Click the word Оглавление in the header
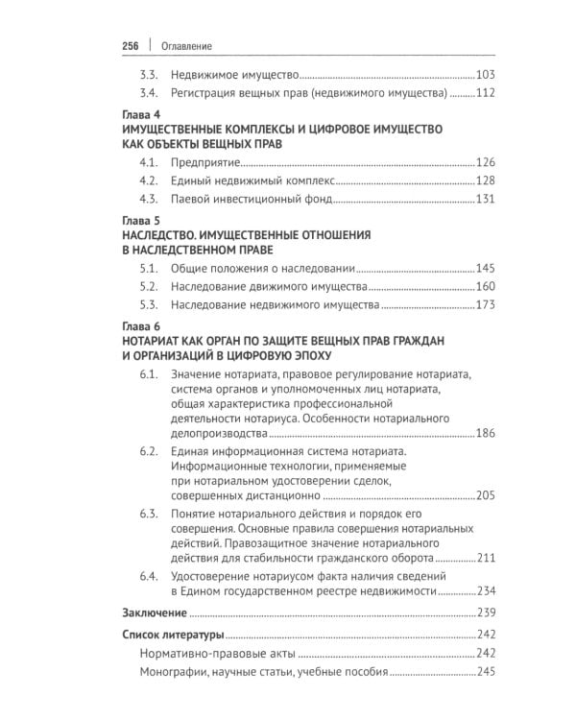[x=185, y=45]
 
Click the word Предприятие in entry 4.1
[x=204, y=163]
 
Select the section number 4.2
[x=148, y=181]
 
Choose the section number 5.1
[x=148, y=270]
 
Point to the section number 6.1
[x=148, y=373]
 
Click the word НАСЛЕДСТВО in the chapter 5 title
[x=171, y=234]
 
